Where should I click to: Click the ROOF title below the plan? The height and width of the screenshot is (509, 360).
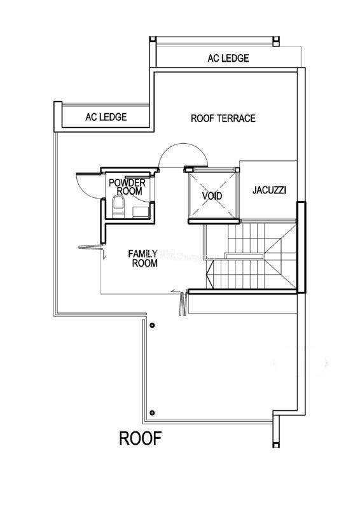point(140,438)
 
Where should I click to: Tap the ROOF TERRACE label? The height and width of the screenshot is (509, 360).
point(223,118)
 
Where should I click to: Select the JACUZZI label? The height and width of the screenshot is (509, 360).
point(270,190)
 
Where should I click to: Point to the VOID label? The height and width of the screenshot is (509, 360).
point(212,196)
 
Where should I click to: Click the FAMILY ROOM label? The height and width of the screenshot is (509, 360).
point(143,258)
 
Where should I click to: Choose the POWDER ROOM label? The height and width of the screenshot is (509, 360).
point(127,186)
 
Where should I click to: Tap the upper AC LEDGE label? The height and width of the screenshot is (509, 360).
point(228,58)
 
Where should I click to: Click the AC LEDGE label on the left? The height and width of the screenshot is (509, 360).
point(106,117)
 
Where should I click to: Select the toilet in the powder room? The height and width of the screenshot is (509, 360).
point(118,207)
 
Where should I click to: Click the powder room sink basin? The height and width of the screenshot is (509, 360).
point(141,212)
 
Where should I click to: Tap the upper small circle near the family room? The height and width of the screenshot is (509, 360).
point(152,325)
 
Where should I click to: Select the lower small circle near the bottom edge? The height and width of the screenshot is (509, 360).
point(152,413)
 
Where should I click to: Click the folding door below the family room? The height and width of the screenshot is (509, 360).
point(183,304)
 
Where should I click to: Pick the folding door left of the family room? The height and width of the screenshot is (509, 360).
point(91,247)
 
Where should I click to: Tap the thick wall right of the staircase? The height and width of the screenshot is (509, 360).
point(301,248)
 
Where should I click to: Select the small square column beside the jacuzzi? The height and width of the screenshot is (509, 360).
point(238,170)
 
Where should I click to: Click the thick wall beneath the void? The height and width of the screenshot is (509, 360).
point(214,221)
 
